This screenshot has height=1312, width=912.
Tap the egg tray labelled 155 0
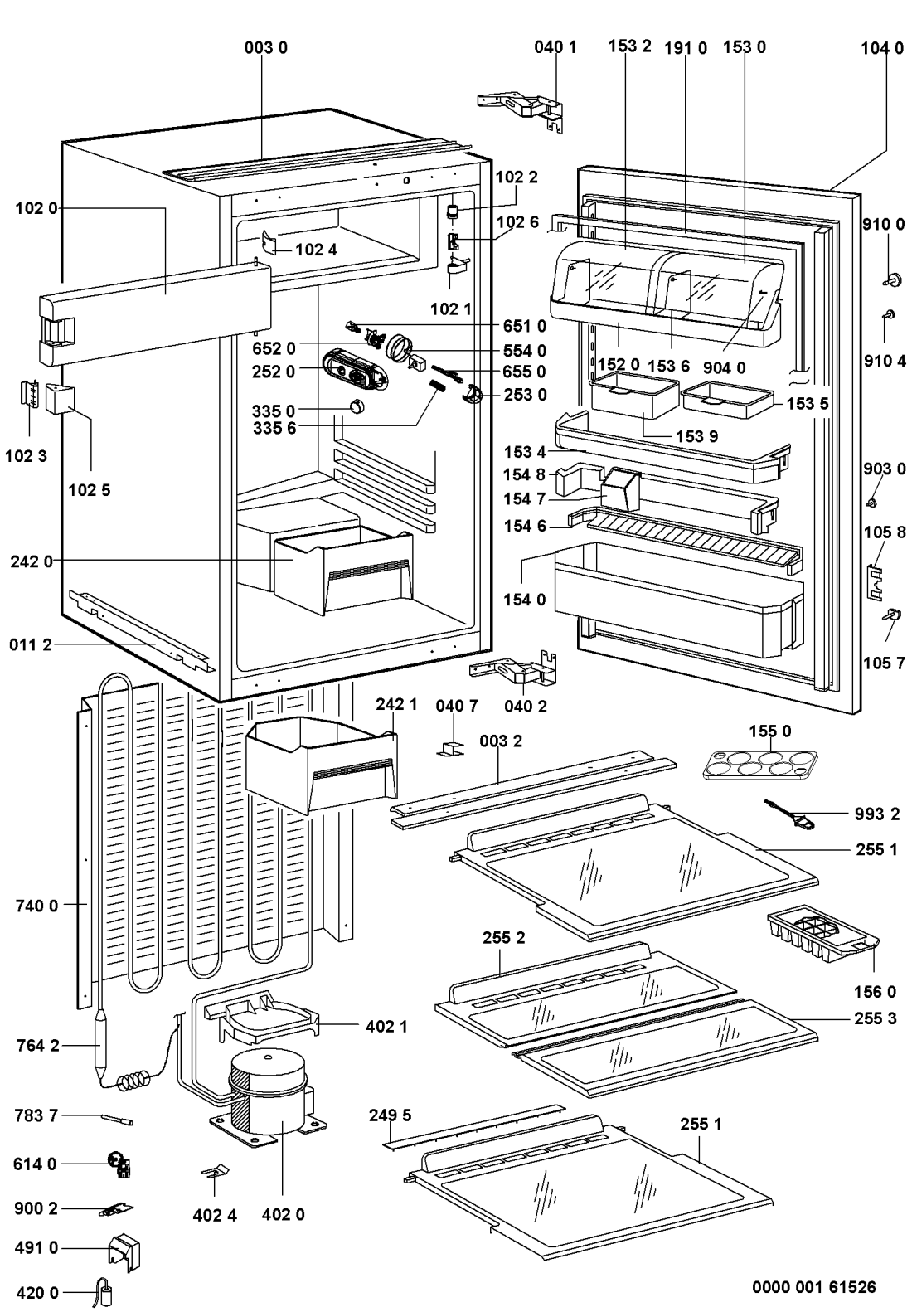tap(759, 764)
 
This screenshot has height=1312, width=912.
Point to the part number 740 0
tap(36, 906)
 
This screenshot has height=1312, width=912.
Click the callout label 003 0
tap(265, 48)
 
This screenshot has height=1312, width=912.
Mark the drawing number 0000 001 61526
tap(813, 1287)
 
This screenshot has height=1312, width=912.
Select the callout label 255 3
tap(876, 1018)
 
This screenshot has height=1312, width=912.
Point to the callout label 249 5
tap(390, 1115)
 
